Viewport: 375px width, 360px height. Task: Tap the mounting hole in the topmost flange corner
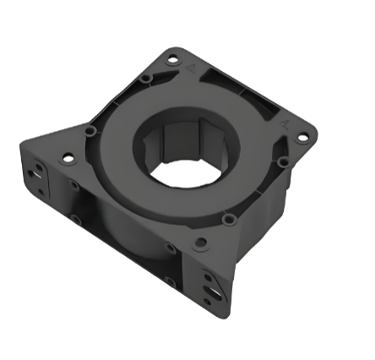tap(172, 60)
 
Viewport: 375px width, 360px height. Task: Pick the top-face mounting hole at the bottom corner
tap(200, 243)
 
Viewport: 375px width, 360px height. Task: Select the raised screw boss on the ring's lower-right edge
tap(228, 220)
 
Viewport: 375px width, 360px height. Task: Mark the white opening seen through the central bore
tap(183, 172)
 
